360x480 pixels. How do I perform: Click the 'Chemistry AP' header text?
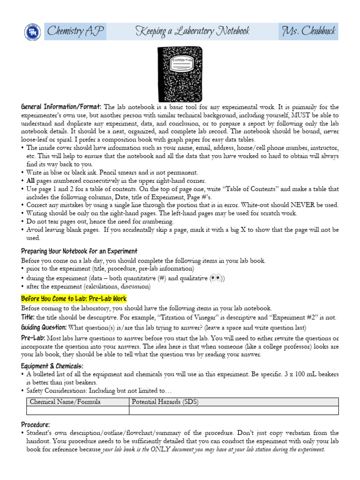[75, 32]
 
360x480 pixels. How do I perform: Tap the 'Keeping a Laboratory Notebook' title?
[192, 32]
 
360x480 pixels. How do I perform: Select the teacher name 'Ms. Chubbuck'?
[308, 32]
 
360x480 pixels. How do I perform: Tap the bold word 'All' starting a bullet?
[31, 180]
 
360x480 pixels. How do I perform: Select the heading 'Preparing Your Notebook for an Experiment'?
[79, 251]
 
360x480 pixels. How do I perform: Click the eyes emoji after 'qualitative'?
[216, 278]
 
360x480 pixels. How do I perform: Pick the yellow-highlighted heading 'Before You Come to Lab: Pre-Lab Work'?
[74, 299]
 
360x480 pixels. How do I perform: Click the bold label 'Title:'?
[28, 317]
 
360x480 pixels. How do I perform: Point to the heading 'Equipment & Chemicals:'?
[52, 366]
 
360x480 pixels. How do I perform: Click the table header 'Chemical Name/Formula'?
[65, 402]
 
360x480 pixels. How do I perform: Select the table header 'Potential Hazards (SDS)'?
[164, 402]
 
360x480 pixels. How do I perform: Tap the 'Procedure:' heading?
[36, 424]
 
